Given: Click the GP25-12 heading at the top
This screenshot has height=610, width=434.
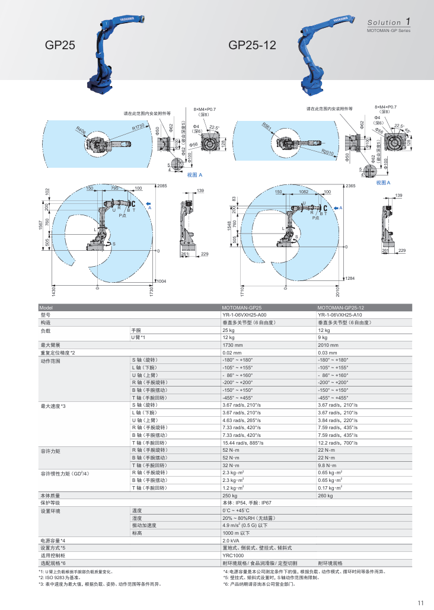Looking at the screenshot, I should [252, 44].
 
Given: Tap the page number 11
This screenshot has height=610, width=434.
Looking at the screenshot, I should [420, 603].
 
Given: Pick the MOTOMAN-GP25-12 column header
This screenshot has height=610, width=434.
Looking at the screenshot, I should [341, 308].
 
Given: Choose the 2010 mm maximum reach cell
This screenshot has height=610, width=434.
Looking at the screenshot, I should [328, 344].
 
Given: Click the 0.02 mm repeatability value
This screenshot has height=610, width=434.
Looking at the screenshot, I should [232, 352].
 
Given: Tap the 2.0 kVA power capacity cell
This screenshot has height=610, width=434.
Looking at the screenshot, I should [231, 541].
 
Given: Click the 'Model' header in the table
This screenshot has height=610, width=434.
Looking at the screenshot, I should [46, 308].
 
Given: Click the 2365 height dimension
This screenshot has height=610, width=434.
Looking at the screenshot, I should [350, 186].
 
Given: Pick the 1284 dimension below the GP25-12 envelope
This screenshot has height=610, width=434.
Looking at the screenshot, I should [350, 278].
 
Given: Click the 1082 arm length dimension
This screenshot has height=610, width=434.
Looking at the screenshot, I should [304, 191].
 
